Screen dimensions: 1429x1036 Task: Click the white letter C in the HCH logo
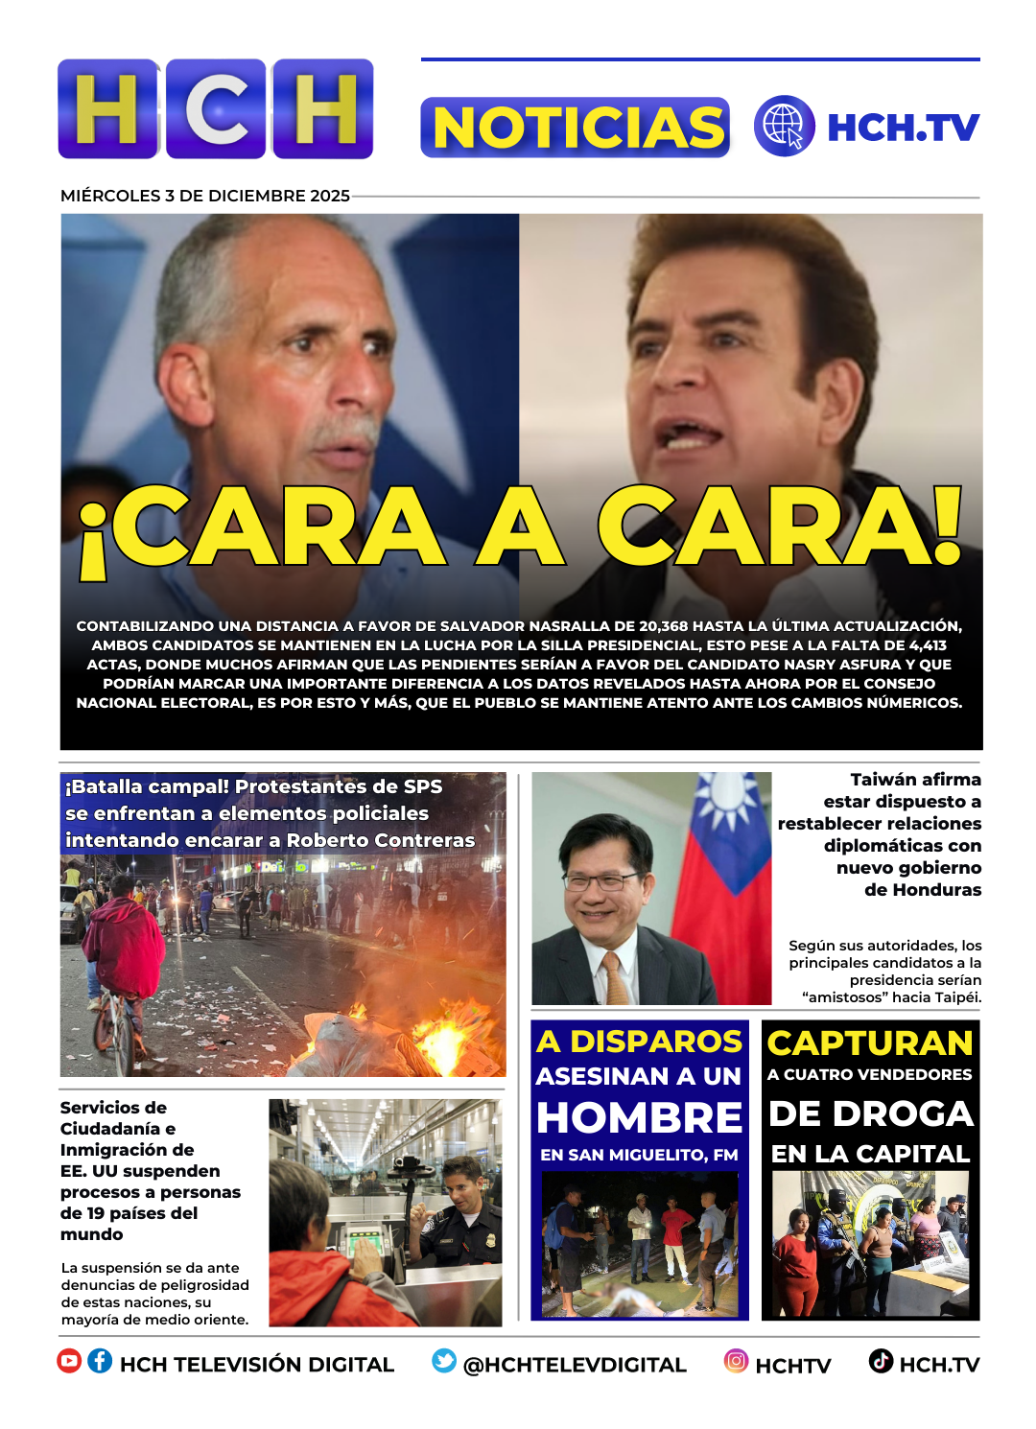point(217,109)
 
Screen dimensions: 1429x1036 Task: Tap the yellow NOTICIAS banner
point(576,128)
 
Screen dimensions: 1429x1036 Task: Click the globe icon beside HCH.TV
point(784,127)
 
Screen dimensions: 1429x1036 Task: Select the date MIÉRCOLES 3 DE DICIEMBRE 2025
point(204,196)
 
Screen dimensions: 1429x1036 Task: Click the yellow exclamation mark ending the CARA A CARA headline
point(948,526)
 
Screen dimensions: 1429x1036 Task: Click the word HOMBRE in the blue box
point(639,1118)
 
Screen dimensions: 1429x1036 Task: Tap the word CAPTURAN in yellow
point(870,1043)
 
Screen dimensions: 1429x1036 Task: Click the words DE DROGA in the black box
point(870,1114)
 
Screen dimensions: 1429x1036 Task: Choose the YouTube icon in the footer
point(69,1361)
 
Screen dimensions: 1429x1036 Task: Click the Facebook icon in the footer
point(100,1361)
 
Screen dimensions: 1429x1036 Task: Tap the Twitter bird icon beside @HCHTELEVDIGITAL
point(444,1361)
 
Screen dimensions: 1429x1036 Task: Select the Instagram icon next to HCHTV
point(736,1361)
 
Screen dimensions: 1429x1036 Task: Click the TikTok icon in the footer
point(881,1361)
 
